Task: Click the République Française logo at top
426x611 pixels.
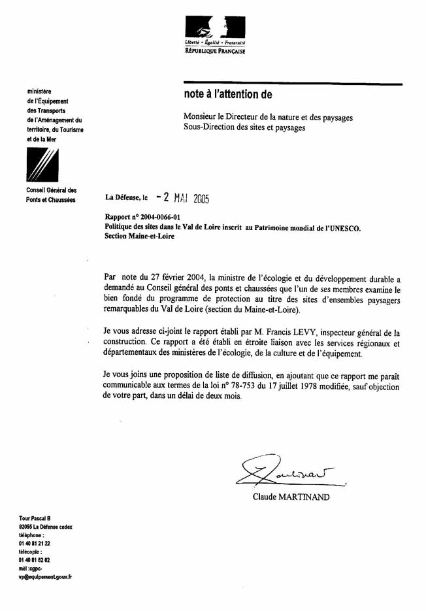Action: coord(215,35)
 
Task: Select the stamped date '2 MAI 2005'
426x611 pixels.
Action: coord(182,197)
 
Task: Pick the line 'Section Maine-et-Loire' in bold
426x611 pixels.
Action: coord(139,237)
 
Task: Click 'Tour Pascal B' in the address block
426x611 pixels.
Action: coord(35,518)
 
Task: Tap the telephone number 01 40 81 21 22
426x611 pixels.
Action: coord(34,543)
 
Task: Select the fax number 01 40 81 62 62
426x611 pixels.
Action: coord(34,560)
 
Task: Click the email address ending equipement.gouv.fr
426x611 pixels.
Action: coord(45,577)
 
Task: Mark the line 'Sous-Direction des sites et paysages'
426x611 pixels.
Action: coord(244,128)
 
